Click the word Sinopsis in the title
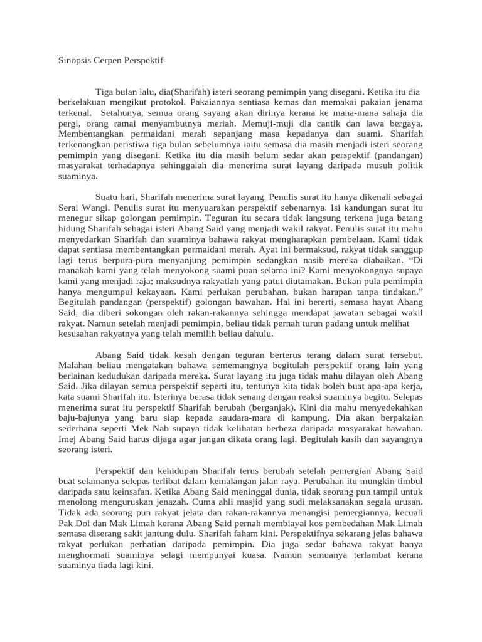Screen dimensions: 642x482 (73, 60)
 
